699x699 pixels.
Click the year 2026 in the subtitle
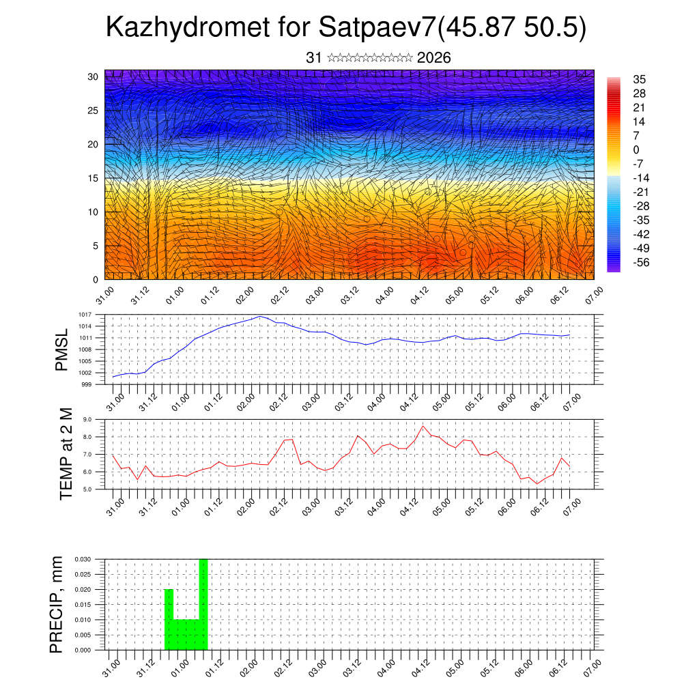coord(433,58)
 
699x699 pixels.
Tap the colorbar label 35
coord(640,79)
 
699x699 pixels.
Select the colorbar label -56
coord(642,262)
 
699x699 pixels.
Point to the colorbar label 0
coord(636,149)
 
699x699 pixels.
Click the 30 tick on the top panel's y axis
coord(92,76)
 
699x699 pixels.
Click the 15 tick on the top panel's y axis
coord(92,178)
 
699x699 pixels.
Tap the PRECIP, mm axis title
coord(57,604)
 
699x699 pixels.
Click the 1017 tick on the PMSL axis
coord(84,315)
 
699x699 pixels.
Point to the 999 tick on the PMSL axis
coord(85,384)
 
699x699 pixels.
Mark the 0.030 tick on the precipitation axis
coord(83,559)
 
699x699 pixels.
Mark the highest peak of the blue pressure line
coord(260,317)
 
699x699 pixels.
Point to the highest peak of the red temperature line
coord(423,426)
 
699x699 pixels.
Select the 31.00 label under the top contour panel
coord(104,298)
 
